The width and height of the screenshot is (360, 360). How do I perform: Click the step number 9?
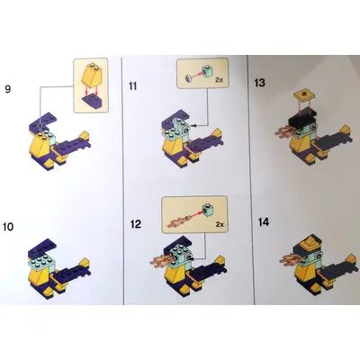8,89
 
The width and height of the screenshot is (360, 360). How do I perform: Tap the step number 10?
8,227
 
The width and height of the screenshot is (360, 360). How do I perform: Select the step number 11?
132,86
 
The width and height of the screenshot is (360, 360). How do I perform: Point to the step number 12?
136,224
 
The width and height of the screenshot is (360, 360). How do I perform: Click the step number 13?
259,83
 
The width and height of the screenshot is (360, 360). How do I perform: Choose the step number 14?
264,222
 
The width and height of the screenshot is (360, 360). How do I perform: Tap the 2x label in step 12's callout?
220,224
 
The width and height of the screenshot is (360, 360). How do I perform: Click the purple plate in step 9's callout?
91,102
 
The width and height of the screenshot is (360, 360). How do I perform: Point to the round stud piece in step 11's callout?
189,78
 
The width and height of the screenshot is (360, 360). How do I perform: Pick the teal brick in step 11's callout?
207,71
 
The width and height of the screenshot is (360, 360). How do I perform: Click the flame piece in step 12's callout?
179,220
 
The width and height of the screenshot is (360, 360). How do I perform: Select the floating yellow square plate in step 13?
303,95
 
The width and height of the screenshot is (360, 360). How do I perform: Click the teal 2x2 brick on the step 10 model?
41,263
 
